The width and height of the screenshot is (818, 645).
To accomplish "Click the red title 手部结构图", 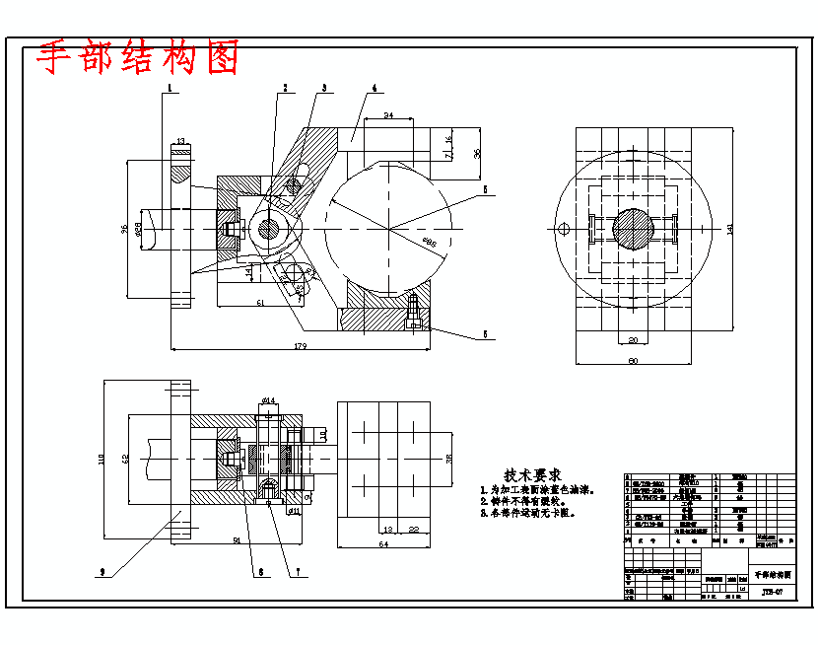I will (138, 59).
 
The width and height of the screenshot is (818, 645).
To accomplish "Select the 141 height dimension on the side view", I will (730, 229).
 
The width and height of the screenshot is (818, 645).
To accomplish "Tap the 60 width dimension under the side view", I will (633, 361).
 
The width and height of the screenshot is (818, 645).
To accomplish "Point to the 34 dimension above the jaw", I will (388, 116).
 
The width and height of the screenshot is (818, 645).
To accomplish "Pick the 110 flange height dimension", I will (102, 460).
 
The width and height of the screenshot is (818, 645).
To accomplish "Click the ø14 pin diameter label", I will (268, 400).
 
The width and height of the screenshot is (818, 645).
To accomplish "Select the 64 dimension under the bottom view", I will (383, 543).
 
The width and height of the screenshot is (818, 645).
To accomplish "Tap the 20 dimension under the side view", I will (633, 340).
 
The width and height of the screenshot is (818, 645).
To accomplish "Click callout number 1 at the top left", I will (170, 88).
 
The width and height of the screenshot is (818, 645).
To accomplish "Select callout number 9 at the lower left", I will (102, 571).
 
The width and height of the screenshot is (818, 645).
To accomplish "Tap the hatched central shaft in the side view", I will (634, 229).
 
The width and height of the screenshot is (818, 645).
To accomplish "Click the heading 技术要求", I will (532, 474).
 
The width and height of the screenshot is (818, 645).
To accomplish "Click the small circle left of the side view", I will (563, 230).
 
